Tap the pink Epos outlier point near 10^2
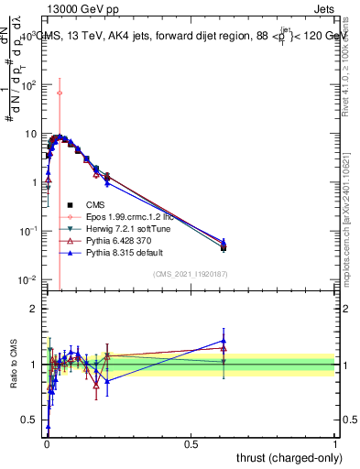point(60,93)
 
